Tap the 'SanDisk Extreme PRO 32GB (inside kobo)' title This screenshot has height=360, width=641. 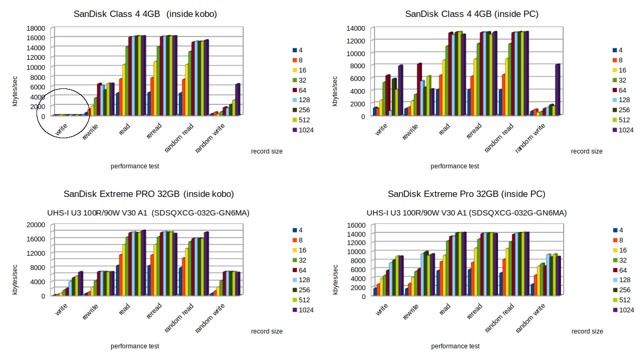(x=149, y=194)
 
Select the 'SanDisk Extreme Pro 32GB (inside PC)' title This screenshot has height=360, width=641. (x=466, y=194)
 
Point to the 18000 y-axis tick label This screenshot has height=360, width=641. (x=35, y=28)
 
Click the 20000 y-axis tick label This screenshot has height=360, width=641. (x=35, y=224)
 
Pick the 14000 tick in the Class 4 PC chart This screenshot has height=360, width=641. (x=355, y=28)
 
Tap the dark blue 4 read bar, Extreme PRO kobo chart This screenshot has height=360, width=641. (x=117, y=280)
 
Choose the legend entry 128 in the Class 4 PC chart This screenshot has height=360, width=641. (x=624, y=100)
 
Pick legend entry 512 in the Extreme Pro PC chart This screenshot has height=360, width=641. (x=624, y=300)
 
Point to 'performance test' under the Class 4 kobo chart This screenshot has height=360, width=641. (x=135, y=166)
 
